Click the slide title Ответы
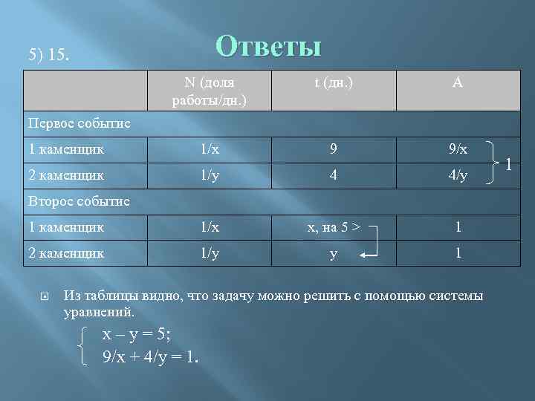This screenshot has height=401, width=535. click(268, 46)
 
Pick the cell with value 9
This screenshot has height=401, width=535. click(334, 149)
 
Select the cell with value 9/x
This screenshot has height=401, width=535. click(458, 149)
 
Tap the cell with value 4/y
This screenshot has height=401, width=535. click(458, 176)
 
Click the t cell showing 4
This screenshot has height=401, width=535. click(334, 176)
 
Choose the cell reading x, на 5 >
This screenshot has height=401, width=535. click(334, 226)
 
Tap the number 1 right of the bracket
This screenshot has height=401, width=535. click(508, 162)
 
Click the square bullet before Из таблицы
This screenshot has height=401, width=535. click(44, 296)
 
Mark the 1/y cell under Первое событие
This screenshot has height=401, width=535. click(210, 176)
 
